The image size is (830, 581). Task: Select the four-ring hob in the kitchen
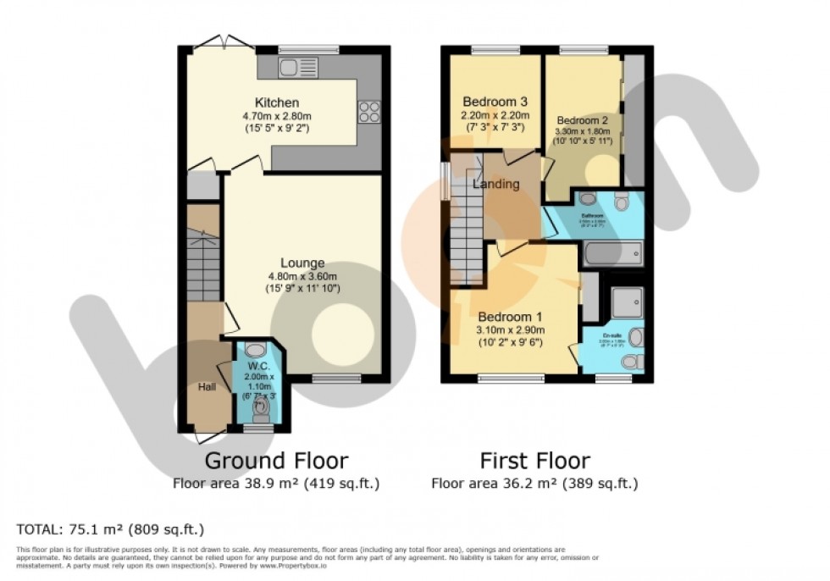[370, 112]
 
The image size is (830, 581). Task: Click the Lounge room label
[303, 263]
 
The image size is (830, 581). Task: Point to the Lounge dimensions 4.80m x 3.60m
[303, 276]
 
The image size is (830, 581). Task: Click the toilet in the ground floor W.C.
[260, 412]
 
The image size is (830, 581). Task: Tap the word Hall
[206, 386]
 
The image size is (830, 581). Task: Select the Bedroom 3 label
[495, 101]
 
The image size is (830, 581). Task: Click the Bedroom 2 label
[581, 119]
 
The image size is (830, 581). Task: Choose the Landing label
[496, 184]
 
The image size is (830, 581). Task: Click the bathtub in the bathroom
[612, 253]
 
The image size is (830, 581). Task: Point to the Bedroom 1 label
[510, 316]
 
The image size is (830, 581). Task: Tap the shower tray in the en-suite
[627, 303]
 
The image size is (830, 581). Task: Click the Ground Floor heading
[276, 461]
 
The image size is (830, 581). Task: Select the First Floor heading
[534, 461]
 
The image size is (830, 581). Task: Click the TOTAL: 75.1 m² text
[111, 530]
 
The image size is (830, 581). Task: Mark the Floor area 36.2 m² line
[534, 484]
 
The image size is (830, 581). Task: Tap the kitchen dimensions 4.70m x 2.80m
[280, 116]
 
